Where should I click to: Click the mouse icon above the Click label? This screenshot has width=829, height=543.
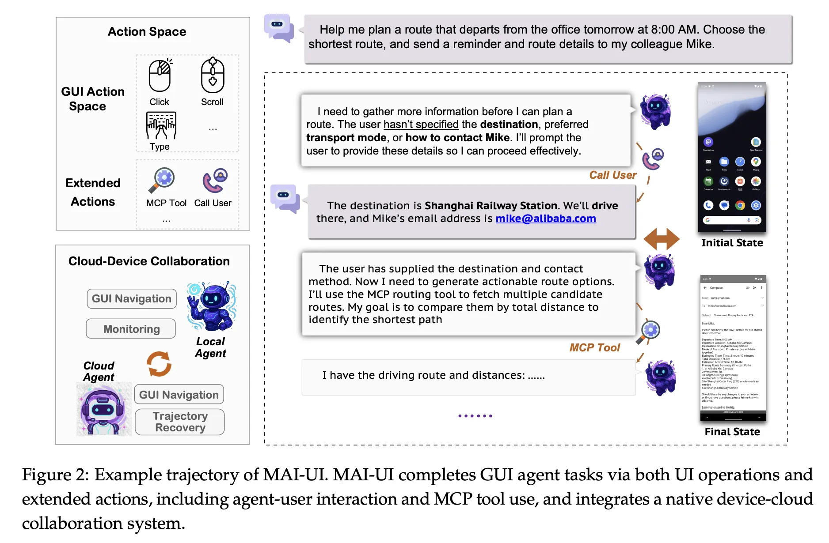click(x=160, y=75)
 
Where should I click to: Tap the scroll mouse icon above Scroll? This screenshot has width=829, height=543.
click(x=213, y=75)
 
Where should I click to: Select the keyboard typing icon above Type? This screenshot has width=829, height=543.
click(x=161, y=125)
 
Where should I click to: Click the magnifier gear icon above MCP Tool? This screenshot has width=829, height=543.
click(x=162, y=180)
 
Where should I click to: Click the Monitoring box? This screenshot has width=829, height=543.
click(x=131, y=329)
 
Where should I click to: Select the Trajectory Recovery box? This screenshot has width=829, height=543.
click(x=180, y=422)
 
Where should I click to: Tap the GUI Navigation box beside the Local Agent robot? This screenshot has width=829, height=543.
click(x=132, y=299)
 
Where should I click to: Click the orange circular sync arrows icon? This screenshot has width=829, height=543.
click(x=159, y=364)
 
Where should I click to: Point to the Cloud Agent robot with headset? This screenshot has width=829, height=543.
click(x=104, y=409)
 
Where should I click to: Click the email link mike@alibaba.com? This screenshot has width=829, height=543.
click(x=546, y=219)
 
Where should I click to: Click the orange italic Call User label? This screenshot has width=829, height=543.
click(x=612, y=175)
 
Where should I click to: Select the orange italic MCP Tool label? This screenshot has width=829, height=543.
click(x=594, y=348)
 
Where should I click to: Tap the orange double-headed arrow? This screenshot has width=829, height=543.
click(x=661, y=239)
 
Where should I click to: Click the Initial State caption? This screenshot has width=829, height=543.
click(x=732, y=243)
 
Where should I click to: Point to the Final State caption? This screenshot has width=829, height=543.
click(x=732, y=432)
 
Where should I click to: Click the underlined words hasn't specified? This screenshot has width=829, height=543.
click(x=421, y=124)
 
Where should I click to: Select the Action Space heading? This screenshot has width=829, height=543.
click(x=147, y=32)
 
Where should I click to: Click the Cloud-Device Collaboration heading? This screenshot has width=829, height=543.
click(x=149, y=261)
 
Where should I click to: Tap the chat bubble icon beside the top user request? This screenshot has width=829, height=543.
click(x=279, y=28)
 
